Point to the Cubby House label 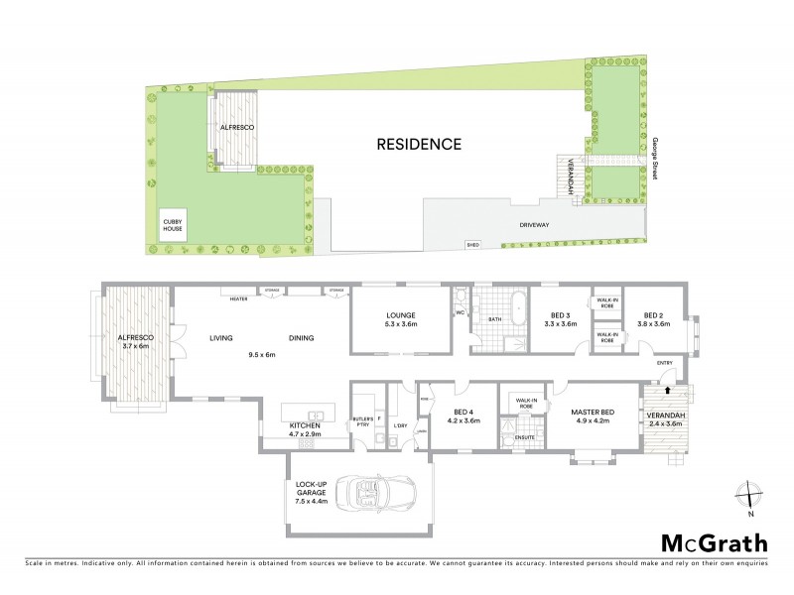pyautogui.click(x=174, y=225)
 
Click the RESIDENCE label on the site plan pyautogui.click(x=419, y=144)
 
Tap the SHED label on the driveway pyautogui.click(x=471, y=244)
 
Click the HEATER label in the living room pyautogui.click(x=238, y=298)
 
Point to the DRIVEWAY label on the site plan pyautogui.click(x=534, y=225)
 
